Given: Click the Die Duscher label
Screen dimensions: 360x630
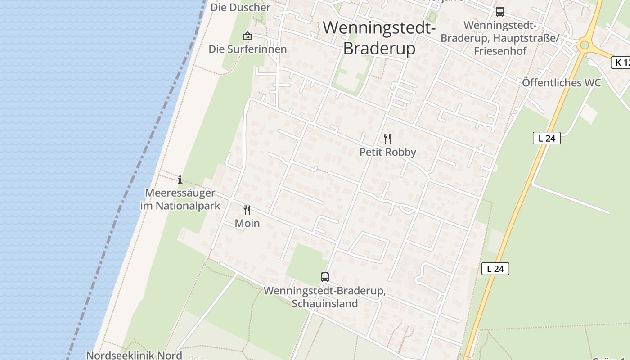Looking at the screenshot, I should tap(240, 7).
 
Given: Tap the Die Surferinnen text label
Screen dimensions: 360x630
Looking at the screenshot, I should tap(247, 49).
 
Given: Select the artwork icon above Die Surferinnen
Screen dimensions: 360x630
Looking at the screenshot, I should tap(247, 36).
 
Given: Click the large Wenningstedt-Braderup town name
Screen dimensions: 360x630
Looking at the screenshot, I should tap(379, 38).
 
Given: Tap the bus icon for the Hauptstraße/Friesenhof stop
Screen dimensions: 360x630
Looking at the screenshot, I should tap(499, 12).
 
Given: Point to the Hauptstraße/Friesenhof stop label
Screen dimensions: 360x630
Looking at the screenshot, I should tap(499, 38).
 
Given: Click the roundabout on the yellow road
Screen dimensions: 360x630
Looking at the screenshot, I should tap(584, 45).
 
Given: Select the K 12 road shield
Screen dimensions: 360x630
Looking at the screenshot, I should tap(621, 63).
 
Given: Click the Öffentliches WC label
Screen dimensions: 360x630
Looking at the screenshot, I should tap(561, 83).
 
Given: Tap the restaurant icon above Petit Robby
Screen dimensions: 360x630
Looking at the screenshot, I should tap(387, 138).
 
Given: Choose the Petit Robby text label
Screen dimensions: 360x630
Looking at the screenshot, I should tap(387, 152).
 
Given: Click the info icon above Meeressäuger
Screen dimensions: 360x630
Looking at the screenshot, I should tap(180, 180).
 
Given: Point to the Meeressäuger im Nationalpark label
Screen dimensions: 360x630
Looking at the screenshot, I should tap(180, 199).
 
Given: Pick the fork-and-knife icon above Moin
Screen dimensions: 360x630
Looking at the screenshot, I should tap(247, 210).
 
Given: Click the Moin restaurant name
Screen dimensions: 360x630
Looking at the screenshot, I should tap(247, 223).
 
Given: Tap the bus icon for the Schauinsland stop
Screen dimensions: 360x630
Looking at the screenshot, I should tap(324, 277).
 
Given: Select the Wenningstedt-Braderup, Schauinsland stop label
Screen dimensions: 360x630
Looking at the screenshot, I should tap(324, 297).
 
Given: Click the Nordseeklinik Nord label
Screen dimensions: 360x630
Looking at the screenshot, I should tap(134, 355).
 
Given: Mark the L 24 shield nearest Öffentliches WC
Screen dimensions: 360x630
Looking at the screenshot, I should tap(547, 138).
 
